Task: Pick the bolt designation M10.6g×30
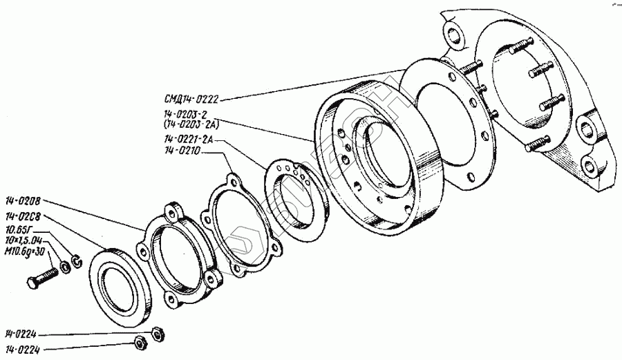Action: click(25, 252)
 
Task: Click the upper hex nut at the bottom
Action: click(156, 334)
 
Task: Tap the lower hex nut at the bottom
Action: click(138, 341)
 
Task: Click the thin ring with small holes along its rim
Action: click(294, 197)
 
